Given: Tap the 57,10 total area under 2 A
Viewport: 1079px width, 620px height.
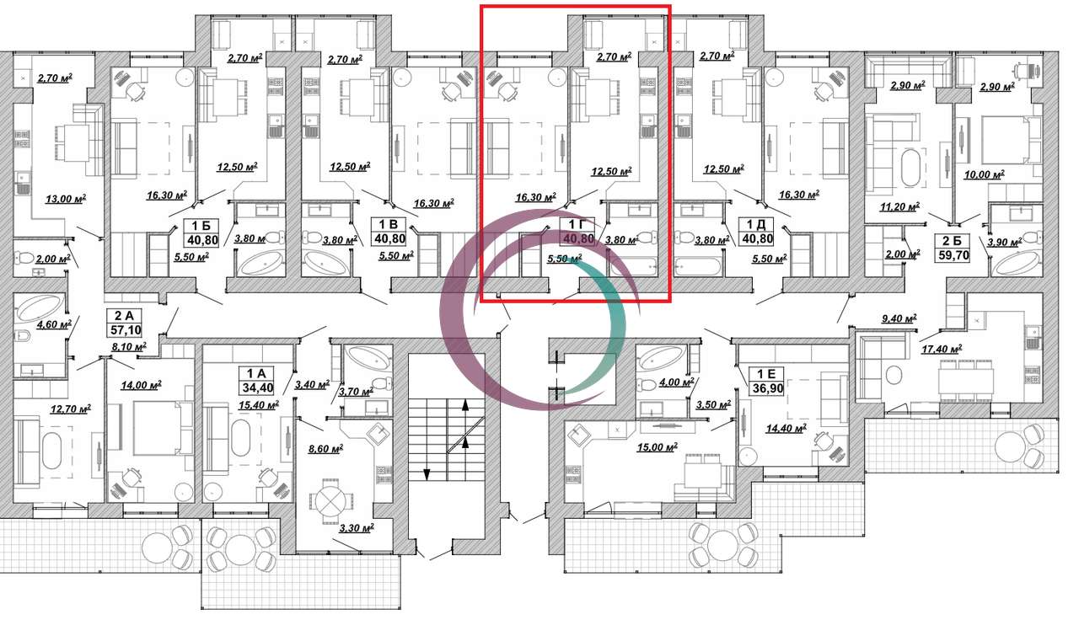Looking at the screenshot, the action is pos(124,329).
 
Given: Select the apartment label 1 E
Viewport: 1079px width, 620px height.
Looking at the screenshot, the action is pos(766,374).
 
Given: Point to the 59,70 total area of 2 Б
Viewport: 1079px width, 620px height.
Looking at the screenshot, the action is pos(953,255).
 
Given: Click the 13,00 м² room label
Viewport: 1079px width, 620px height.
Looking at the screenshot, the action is pos(66,198).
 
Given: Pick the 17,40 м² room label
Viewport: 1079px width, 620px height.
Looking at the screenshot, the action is pos(942,349).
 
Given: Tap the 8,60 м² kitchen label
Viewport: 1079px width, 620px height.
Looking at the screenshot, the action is pos(325,449).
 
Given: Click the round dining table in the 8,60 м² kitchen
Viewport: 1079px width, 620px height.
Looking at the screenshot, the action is pos(329,503).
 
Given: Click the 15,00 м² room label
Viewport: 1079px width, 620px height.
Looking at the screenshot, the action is pos(657,447).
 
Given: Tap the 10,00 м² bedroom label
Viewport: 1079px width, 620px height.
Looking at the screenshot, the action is pos(984,174).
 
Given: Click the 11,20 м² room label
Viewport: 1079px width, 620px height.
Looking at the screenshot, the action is pos(899,207).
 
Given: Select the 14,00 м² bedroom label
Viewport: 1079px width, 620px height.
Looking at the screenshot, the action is pos(141,385).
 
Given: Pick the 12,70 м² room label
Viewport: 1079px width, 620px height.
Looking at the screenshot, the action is pos(71,409).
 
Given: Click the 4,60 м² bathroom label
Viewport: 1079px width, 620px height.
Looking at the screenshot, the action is pos(54,324).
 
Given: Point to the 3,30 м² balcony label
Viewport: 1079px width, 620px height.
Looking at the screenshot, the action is pos(357,528).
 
